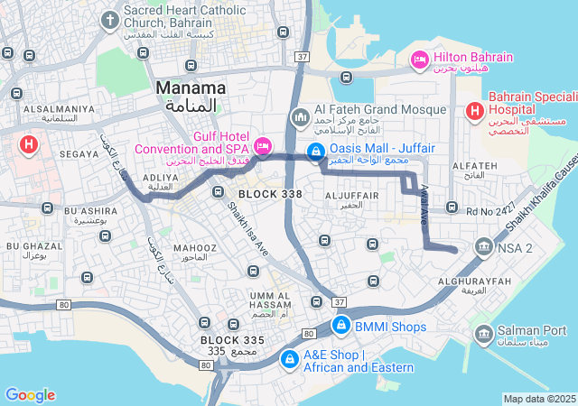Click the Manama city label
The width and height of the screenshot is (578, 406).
click(191, 88)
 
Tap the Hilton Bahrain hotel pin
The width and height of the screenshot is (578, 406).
click(419, 60)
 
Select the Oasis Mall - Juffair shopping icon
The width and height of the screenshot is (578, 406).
click(316, 153)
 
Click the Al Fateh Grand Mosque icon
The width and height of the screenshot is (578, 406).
click(300, 118)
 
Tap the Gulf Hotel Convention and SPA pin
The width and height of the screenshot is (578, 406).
click(263, 145)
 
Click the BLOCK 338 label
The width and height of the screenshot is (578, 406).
click(270, 194)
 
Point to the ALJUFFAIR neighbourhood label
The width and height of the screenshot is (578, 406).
click(344, 195)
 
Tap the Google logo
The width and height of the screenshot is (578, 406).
click(30, 395)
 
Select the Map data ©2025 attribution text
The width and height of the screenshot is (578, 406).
click(539, 399)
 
